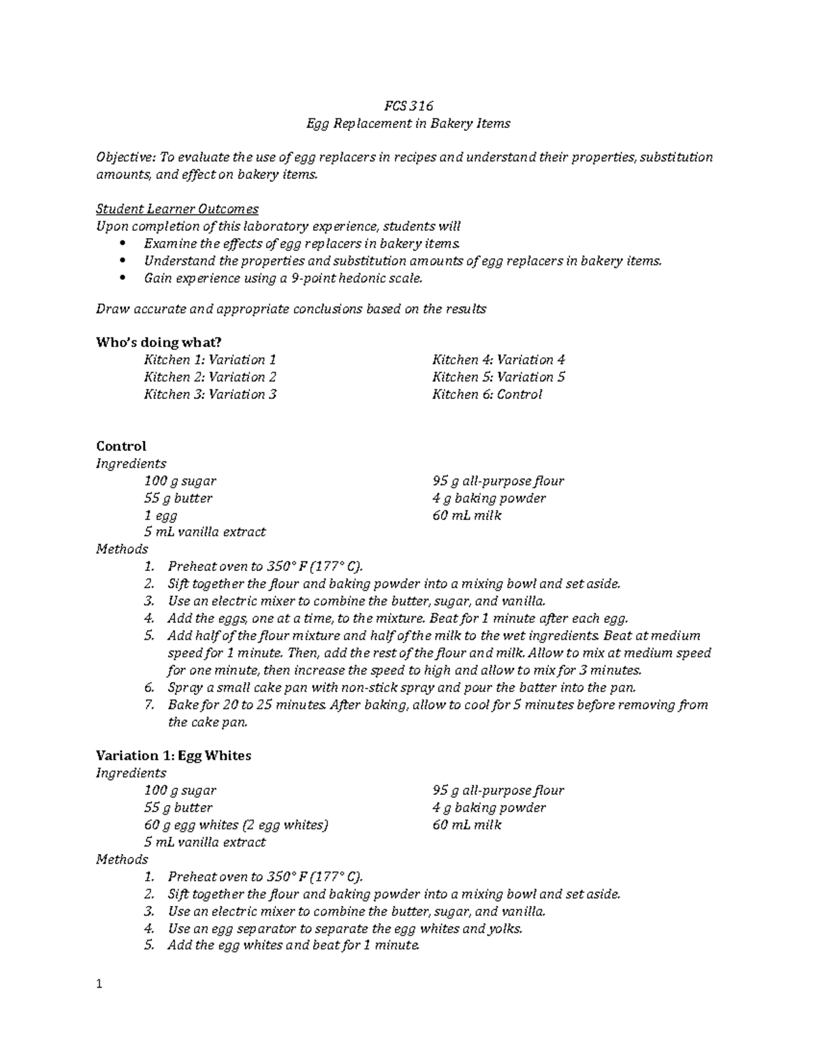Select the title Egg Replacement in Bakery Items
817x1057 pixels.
[408, 123]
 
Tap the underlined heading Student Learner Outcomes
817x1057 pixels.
[177, 209]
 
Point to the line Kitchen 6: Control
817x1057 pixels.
[487, 394]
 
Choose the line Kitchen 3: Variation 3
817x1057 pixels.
[210, 394]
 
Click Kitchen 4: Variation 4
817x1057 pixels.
[498, 359]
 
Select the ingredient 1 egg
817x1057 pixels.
[161, 515]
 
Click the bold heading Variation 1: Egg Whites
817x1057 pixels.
[174, 755]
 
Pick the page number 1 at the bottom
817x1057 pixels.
[99, 984]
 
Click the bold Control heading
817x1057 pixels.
[121, 446]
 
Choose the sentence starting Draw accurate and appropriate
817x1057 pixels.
[291, 309]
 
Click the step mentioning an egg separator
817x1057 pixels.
[345, 928]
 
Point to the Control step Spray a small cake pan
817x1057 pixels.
[402, 687]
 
